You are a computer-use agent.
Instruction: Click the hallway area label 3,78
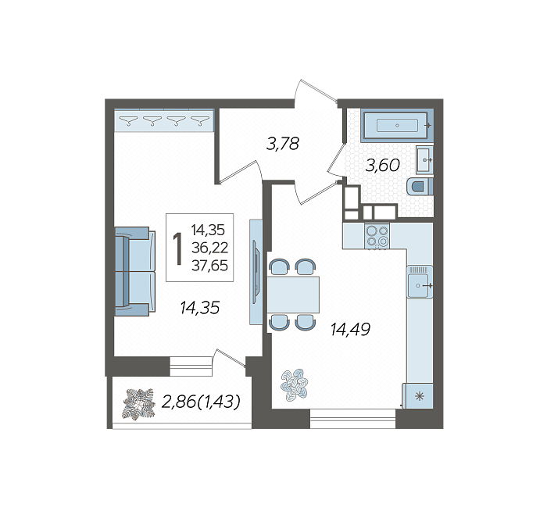pos(283,144)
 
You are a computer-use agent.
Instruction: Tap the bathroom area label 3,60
pos(382,165)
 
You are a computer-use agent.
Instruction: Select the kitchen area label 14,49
pos(350,329)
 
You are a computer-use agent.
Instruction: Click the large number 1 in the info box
pos(178,248)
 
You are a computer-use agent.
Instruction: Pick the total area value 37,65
pos(209,266)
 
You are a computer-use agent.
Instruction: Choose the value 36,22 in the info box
pos(209,248)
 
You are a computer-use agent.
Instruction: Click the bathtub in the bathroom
pos(397,125)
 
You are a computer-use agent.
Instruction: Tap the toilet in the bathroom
pos(420,187)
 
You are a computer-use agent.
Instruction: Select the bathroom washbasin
pos(424,160)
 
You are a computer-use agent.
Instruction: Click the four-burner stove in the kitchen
pos(377,236)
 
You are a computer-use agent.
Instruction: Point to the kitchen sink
pos(420,282)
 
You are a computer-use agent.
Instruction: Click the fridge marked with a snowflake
pos(418,396)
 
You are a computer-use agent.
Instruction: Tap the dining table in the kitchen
pos(293,295)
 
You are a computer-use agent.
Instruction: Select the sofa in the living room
pos(135,271)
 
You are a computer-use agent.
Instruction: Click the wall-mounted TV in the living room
pos(256,272)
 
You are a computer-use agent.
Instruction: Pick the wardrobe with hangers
pos(164,120)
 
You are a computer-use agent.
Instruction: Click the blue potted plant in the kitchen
pos(295,385)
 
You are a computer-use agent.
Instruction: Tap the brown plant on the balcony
pos(138,404)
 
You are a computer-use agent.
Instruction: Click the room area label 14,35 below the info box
pos(200,308)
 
